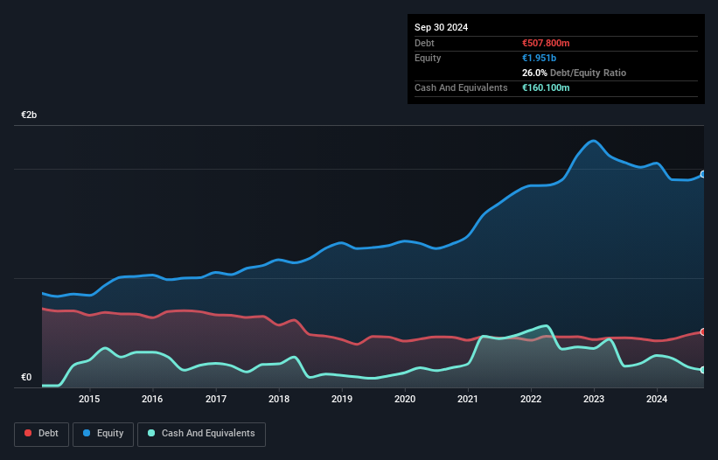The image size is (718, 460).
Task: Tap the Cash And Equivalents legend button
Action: click(200, 434)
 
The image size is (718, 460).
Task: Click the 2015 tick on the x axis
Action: click(89, 400)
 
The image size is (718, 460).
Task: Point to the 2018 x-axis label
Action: click(279, 400)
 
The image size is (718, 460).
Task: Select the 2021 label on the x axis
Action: click(468, 400)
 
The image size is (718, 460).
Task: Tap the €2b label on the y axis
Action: click(30, 115)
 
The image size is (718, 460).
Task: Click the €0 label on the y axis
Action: click(26, 378)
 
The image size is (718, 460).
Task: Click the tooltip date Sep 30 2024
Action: click(441, 27)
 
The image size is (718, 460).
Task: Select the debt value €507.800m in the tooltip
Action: click(546, 43)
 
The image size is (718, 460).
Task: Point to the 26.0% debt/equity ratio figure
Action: click(534, 73)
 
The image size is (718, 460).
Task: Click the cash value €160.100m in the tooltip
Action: click(546, 87)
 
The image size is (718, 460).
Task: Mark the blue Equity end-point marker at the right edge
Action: click(702, 174)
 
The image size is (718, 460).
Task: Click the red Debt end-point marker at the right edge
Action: click(702, 332)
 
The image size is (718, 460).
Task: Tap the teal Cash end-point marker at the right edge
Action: click(702, 370)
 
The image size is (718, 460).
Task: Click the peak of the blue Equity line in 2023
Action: click(594, 141)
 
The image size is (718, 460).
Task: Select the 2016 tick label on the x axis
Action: click(152, 400)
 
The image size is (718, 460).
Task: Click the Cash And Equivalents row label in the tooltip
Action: click(461, 87)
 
